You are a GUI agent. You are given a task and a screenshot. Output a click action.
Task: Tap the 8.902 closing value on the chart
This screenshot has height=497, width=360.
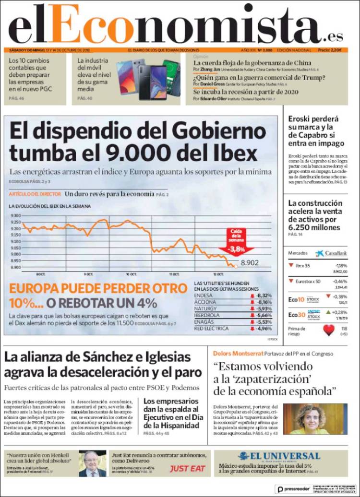250,263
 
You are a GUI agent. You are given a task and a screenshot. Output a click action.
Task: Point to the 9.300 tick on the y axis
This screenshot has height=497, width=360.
15,216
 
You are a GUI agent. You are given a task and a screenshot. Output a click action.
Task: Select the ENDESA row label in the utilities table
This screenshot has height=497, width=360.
204,296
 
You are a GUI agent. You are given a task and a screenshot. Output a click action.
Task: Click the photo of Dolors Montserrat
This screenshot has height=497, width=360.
315,419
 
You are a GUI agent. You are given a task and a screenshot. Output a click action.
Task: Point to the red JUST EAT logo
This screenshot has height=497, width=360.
188,468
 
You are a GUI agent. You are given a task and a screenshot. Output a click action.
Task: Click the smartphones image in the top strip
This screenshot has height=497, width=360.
148,79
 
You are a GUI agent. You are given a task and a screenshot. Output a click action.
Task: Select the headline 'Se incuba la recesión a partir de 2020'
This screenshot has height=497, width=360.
246,92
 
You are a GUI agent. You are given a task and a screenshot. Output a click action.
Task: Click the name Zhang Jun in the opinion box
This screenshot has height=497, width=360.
210,70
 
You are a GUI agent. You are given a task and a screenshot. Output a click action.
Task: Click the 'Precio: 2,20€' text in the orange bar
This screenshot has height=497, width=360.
329,50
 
